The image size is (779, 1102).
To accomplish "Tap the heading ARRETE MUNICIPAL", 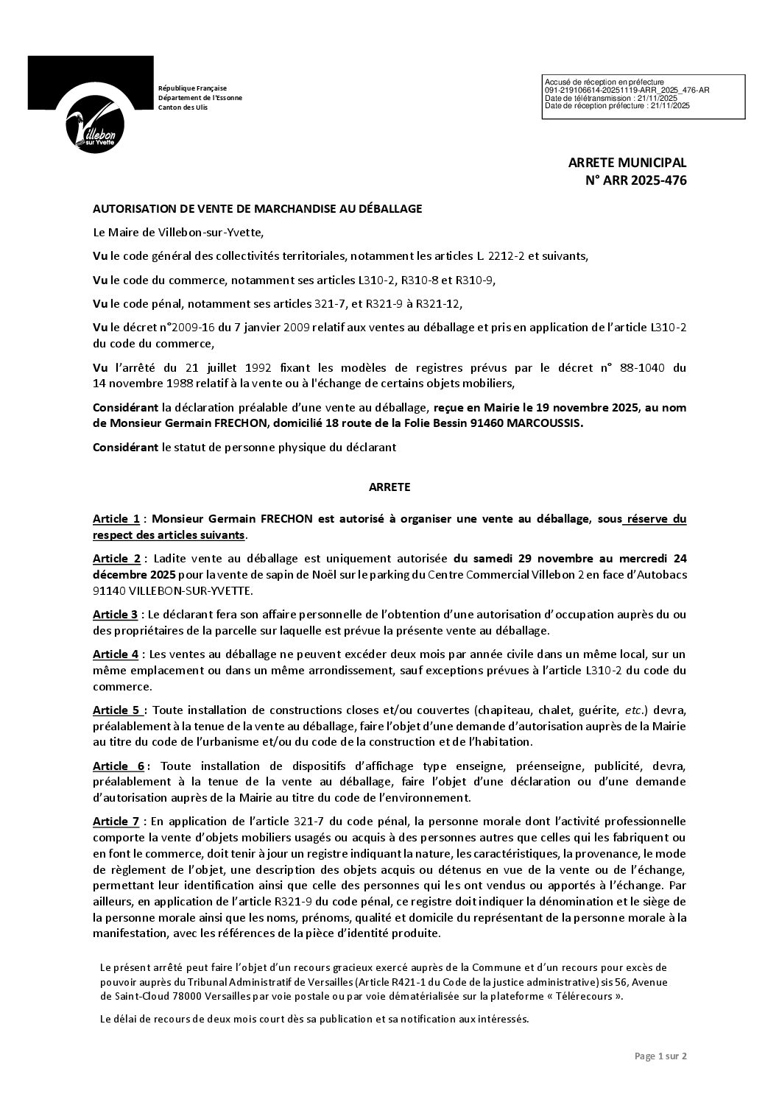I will coord(627,163).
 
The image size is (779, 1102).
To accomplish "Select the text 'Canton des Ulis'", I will coord(183,107).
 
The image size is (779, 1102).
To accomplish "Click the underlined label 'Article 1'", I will coord(116,519).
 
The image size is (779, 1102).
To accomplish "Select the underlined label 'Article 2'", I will coord(116,557).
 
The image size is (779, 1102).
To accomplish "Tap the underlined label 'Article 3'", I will coord(116,614).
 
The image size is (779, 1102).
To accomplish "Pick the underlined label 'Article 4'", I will coord(116,654).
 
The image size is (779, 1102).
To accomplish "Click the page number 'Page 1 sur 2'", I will coord(660,1056).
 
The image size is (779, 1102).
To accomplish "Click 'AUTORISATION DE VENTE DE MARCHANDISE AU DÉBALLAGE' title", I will coord(258,209).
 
